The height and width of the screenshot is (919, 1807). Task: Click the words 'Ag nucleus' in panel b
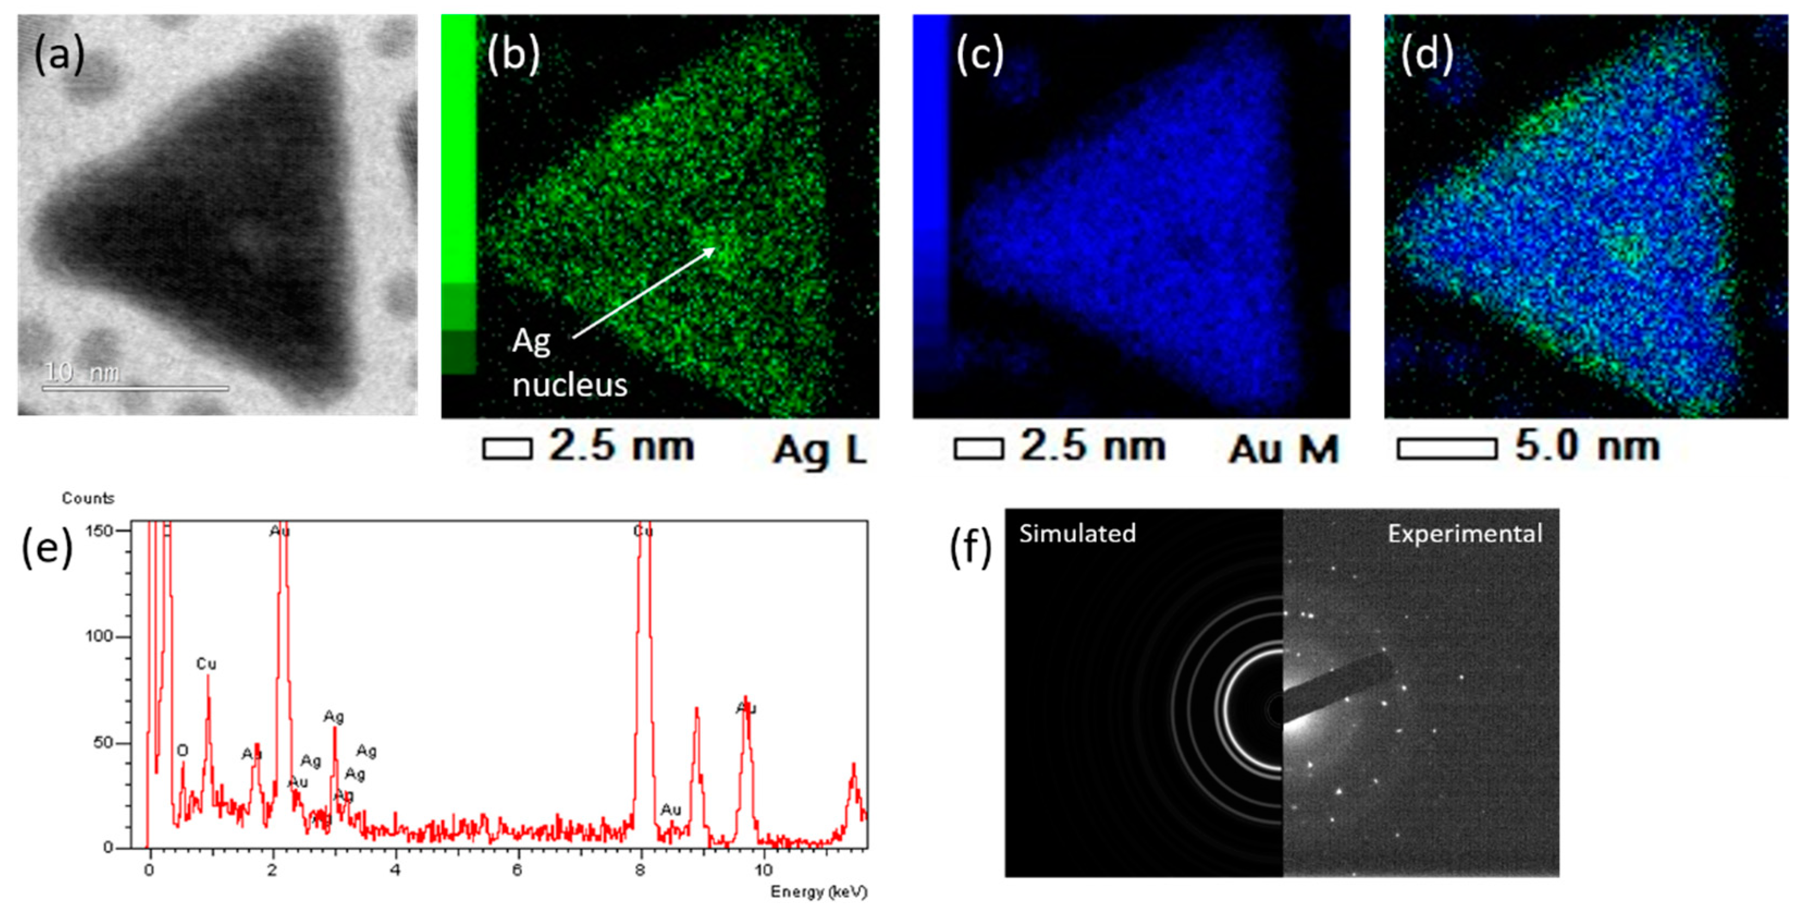pyautogui.click(x=568, y=363)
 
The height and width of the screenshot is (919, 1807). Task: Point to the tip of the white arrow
pyautogui.click(x=715, y=248)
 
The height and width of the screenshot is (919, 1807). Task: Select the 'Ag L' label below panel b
pyautogui.click(x=819, y=449)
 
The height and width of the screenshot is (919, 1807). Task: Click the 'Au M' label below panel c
pyautogui.click(x=1283, y=449)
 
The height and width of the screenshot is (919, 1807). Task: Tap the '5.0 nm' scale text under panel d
pyautogui.click(x=1587, y=446)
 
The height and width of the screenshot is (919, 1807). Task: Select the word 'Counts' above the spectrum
pyautogui.click(x=88, y=498)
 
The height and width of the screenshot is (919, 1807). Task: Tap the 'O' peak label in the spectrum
pyautogui.click(x=182, y=751)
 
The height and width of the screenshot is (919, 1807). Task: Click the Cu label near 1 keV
pyautogui.click(x=206, y=664)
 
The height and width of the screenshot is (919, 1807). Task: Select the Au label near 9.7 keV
pyautogui.click(x=745, y=708)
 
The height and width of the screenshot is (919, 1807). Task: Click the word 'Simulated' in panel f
pyautogui.click(x=1077, y=534)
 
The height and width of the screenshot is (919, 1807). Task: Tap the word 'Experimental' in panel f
pyautogui.click(x=1465, y=534)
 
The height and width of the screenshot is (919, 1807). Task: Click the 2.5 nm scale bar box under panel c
pyautogui.click(x=978, y=448)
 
